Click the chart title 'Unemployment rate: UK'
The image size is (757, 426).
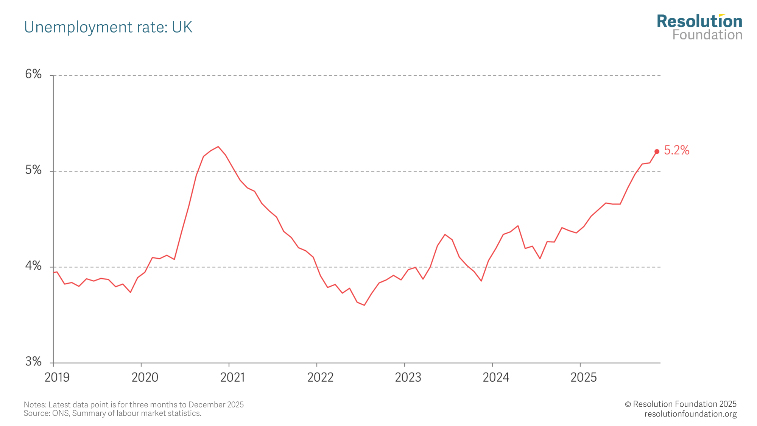click(x=108, y=27)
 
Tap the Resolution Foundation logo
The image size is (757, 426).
click(x=699, y=27)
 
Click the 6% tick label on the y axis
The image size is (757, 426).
click(x=33, y=74)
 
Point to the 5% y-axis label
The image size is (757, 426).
click(x=33, y=170)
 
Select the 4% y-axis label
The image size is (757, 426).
click(x=33, y=266)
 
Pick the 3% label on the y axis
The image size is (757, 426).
click(x=33, y=362)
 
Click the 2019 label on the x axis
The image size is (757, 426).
click(x=57, y=377)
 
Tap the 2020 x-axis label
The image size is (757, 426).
click(x=145, y=377)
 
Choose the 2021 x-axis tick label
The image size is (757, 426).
click(x=232, y=377)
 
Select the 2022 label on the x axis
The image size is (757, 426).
click(x=320, y=377)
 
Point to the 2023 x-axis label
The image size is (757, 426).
click(x=408, y=377)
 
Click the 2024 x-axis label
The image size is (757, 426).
click(x=496, y=377)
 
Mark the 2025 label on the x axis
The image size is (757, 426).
click(x=584, y=377)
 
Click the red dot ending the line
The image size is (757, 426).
click(x=657, y=151)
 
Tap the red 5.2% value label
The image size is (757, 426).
click(x=677, y=150)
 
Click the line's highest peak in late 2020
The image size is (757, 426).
click(x=218, y=147)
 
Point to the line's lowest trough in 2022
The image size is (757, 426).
click(x=364, y=305)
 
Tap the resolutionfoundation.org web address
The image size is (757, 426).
click(x=690, y=414)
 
